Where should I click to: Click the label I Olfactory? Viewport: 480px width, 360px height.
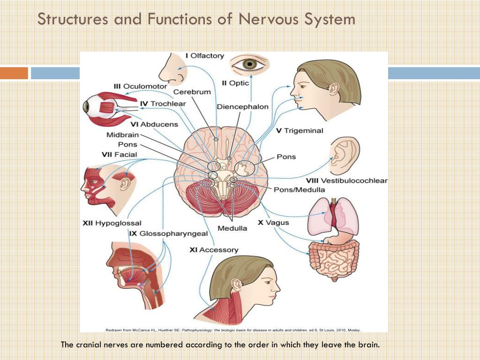click(x=205, y=56)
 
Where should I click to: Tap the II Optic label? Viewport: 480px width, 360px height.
click(x=235, y=83)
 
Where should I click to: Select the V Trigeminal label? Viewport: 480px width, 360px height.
click(x=300, y=131)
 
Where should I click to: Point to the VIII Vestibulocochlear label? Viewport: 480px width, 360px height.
click(x=346, y=180)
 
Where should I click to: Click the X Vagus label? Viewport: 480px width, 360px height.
click(x=273, y=223)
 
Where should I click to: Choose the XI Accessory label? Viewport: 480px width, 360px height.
click(x=214, y=250)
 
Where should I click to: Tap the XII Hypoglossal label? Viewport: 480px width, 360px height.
click(x=112, y=223)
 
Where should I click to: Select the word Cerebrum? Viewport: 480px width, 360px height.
click(x=192, y=92)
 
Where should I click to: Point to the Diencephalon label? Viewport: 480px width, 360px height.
click(x=242, y=107)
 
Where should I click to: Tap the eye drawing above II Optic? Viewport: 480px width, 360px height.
click(x=249, y=65)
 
